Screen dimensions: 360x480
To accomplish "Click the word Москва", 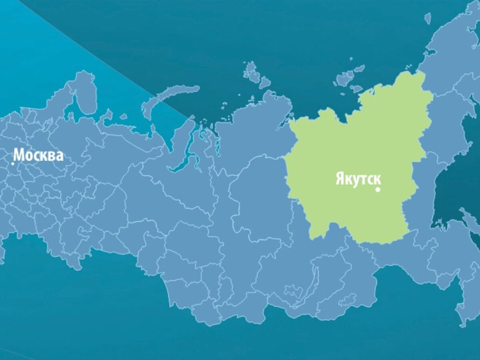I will coord(38,155).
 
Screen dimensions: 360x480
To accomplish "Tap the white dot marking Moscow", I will coord(13,163).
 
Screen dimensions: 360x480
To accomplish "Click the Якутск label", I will coord(358,180).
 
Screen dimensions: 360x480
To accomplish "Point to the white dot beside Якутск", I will coord(378,190).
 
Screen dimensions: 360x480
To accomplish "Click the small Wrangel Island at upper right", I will coord(428,18).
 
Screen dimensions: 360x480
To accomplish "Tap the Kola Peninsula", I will coord(86,94).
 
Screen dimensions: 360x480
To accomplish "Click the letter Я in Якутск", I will coord(339,180).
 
